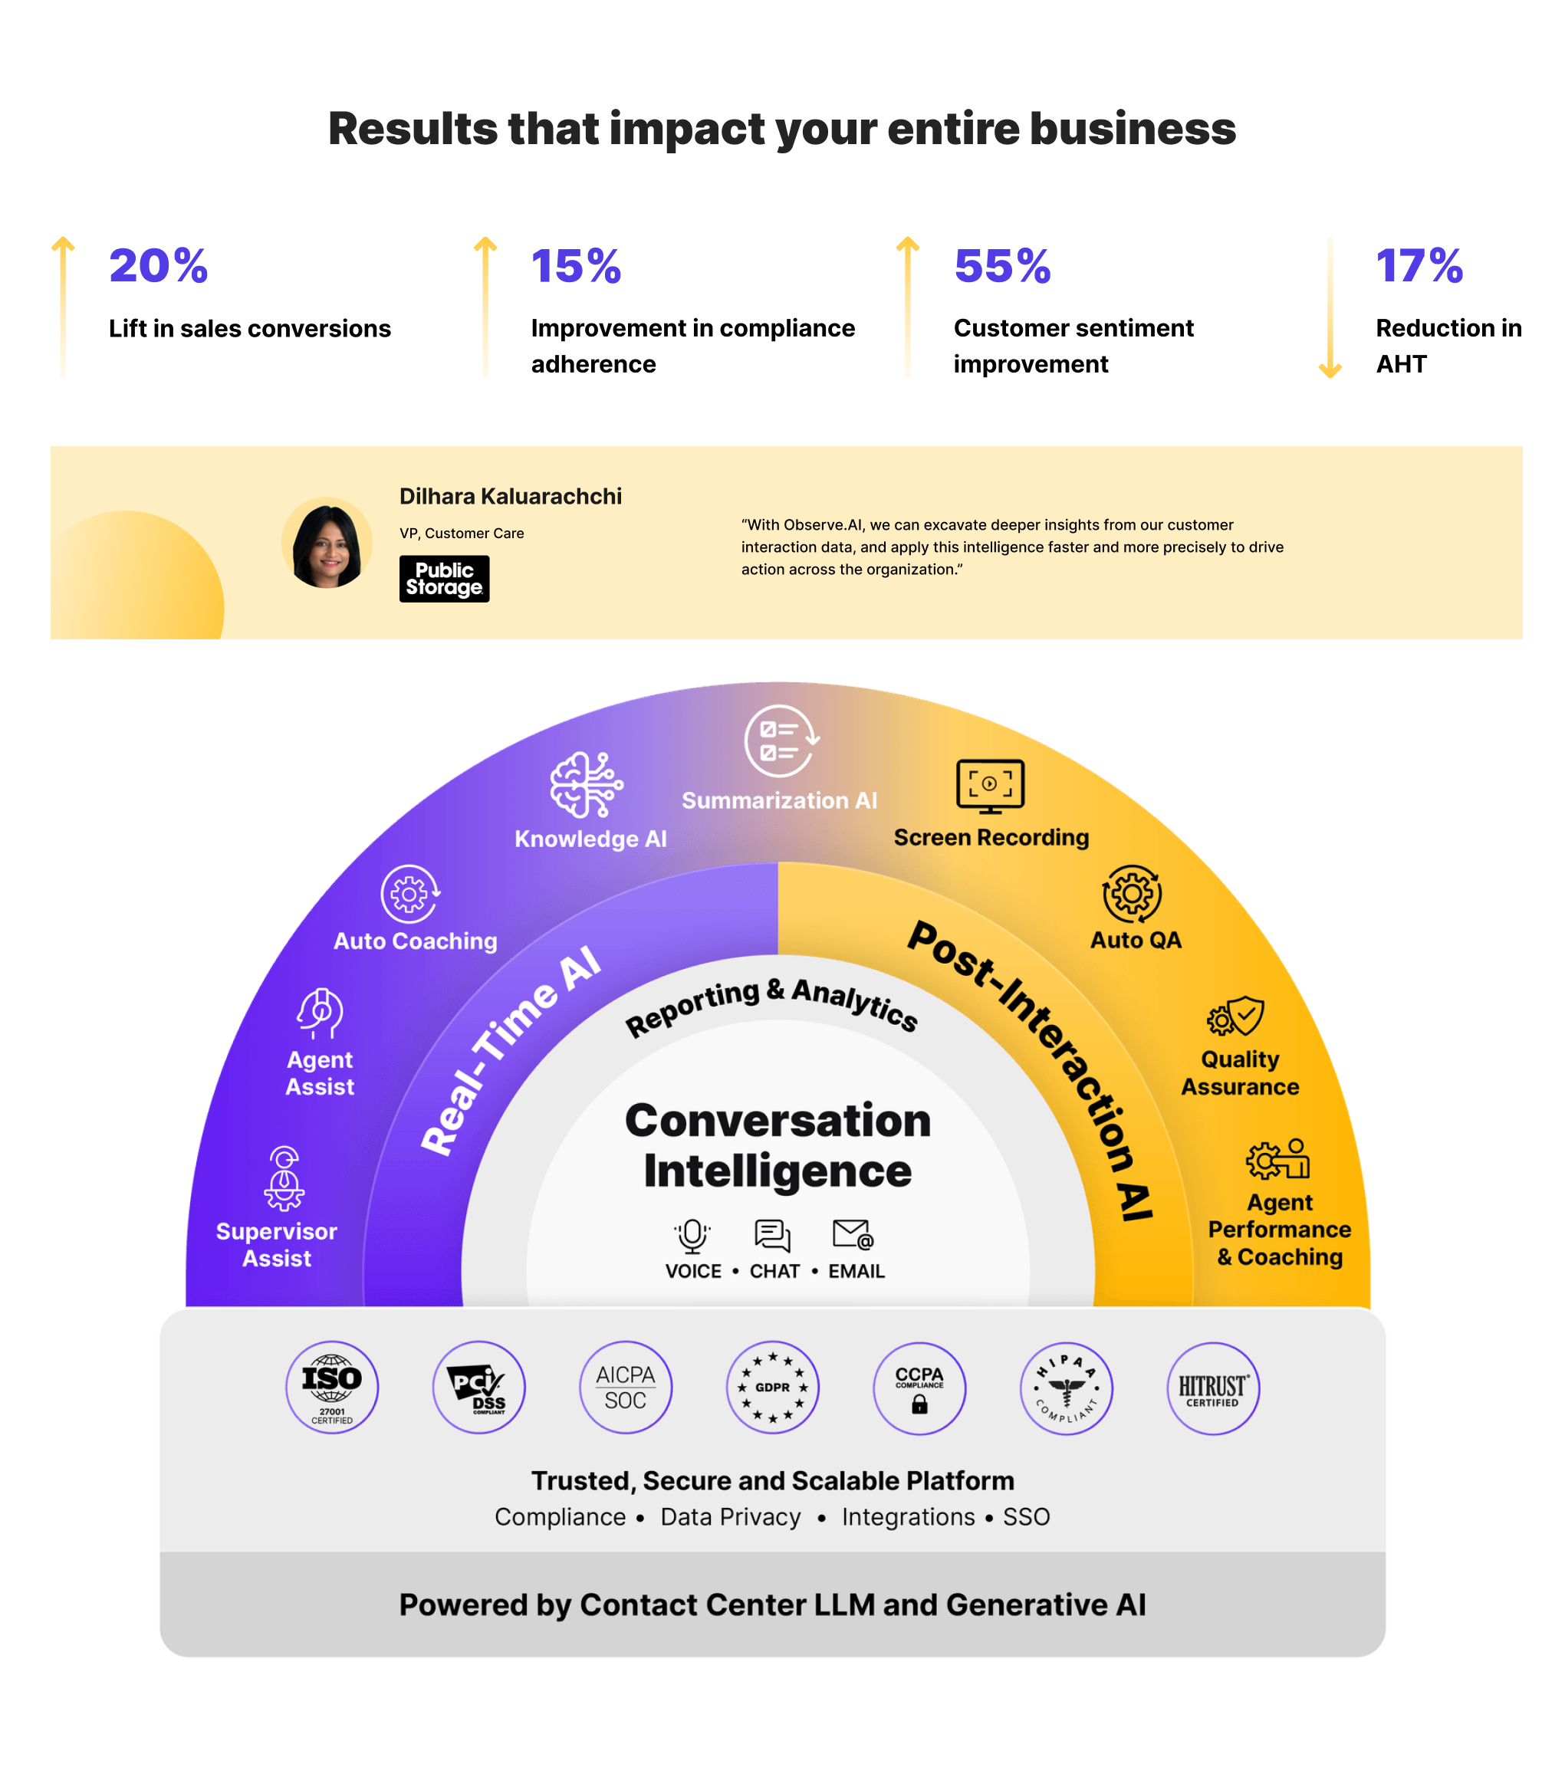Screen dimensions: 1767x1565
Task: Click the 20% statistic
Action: tap(158, 265)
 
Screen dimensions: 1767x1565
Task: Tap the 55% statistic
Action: tap(1002, 265)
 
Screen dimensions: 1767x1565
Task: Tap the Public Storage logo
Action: tap(445, 578)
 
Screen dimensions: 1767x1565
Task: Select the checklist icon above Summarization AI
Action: tap(781, 741)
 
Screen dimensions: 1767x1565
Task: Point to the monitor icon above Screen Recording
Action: tap(990, 786)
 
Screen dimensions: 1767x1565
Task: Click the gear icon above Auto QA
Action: tap(1132, 894)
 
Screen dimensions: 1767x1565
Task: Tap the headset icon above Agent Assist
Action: tap(320, 1013)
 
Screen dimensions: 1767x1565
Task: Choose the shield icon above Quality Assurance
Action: tap(1238, 1017)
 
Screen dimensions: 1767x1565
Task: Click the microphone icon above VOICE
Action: tap(692, 1235)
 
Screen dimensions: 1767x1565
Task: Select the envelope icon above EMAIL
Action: tap(853, 1234)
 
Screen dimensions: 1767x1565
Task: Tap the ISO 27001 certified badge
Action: tap(332, 1388)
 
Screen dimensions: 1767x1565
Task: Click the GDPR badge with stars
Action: tap(772, 1388)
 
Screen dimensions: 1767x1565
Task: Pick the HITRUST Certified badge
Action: tap(1212, 1388)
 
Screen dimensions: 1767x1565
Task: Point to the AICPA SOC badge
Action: tap(625, 1388)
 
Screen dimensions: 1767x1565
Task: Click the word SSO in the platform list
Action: tap(1026, 1517)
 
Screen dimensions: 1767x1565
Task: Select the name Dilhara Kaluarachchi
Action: tap(510, 496)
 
